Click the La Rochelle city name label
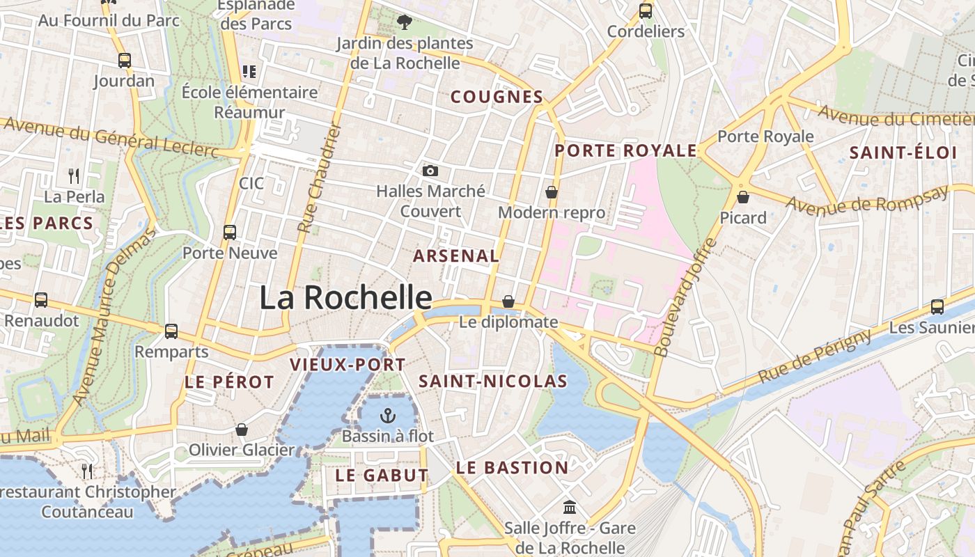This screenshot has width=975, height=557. (345, 298)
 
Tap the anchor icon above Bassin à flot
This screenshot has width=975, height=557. (387, 416)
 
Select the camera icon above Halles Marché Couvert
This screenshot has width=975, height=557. (430, 171)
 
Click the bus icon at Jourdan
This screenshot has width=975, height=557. (125, 61)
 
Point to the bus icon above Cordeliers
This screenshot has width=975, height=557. (646, 11)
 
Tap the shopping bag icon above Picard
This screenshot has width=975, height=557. (743, 197)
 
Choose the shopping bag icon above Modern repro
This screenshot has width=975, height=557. (552, 192)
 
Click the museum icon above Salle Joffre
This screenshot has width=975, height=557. (570, 507)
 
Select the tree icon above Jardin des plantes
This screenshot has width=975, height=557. (404, 22)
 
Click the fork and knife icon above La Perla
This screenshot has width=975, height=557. (74, 175)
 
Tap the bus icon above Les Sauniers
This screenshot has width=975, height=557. (937, 306)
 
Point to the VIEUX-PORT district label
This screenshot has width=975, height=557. (348, 364)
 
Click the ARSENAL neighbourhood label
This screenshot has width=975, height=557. (456, 256)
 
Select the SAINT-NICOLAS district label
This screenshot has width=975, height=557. (493, 382)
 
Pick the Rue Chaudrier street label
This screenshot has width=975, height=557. (318, 178)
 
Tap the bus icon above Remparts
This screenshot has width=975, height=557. (171, 331)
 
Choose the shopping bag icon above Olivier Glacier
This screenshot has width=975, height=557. (242, 430)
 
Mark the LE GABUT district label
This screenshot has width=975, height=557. (382, 476)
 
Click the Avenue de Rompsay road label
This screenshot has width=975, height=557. (867, 199)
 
